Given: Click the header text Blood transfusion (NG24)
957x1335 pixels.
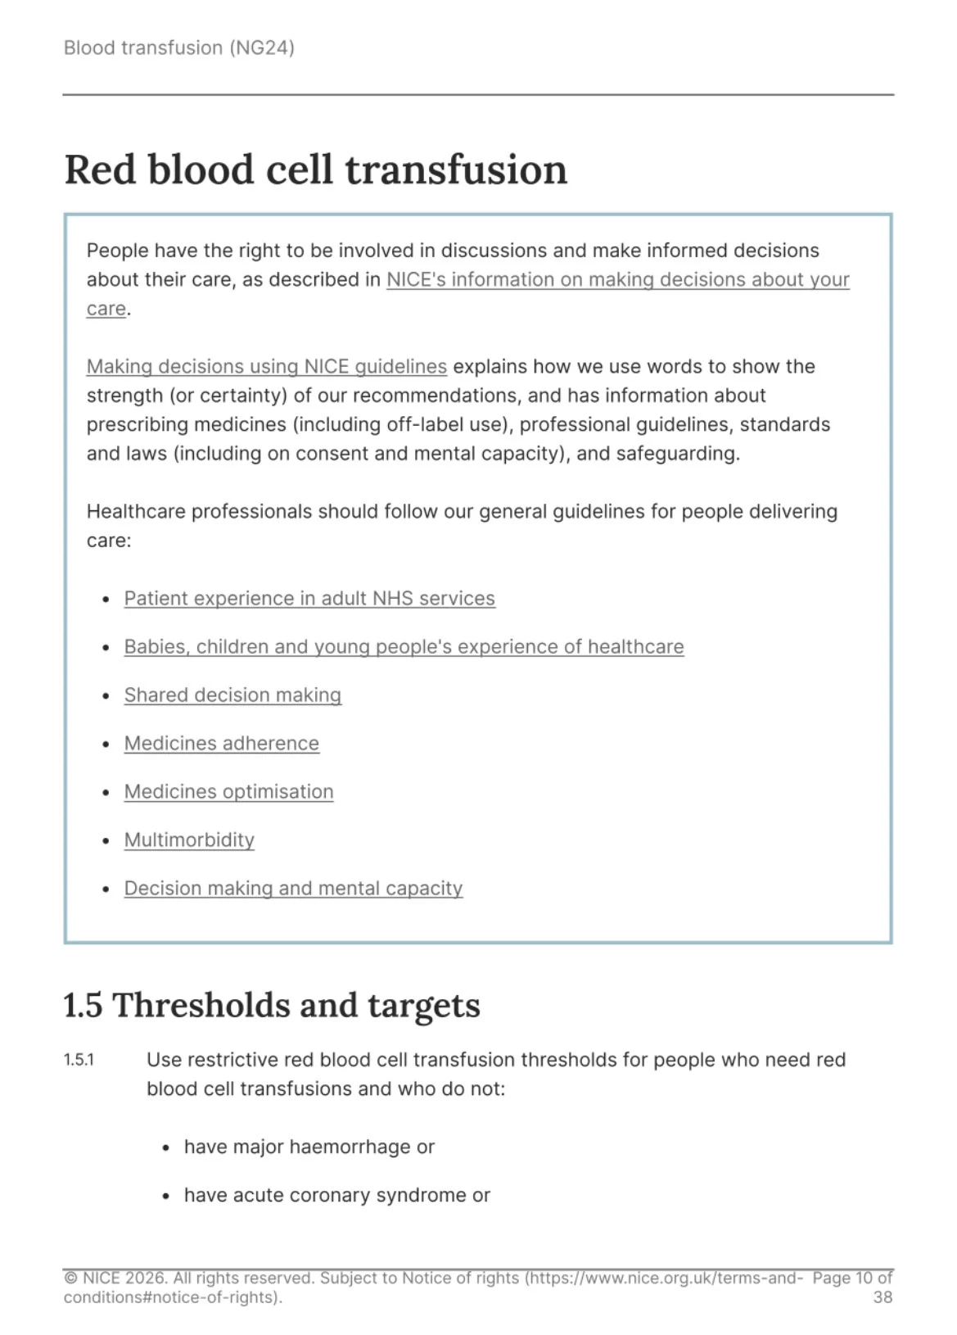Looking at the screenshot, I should (x=178, y=48).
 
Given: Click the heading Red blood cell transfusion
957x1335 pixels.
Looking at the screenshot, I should (x=315, y=170).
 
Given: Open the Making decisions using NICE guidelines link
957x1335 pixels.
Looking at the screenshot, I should (x=266, y=366).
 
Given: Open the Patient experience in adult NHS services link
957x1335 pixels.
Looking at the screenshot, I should (x=309, y=599).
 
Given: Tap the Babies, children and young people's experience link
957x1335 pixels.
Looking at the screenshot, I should (x=404, y=647).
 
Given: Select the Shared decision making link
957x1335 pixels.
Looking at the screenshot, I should (x=232, y=695).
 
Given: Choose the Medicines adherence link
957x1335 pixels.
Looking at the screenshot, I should (x=221, y=744).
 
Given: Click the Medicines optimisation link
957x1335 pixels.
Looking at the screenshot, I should (x=228, y=792).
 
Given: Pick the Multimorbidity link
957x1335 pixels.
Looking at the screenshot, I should (x=189, y=840).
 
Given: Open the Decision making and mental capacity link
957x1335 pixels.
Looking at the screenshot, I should (x=293, y=889).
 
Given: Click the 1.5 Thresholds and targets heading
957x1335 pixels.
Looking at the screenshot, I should (x=271, y=1006).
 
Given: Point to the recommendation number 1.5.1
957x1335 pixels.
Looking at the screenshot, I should (x=79, y=1060).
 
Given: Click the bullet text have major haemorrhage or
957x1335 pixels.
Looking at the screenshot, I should (x=309, y=1147).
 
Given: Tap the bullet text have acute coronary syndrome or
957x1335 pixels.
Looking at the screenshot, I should (x=336, y=1195).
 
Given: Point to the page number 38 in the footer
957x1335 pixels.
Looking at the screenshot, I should (x=883, y=1297).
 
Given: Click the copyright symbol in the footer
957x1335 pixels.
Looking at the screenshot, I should (x=70, y=1278).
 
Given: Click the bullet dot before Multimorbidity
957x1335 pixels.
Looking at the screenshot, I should (x=106, y=841).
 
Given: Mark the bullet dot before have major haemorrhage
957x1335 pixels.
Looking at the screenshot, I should (x=166, y=1147).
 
